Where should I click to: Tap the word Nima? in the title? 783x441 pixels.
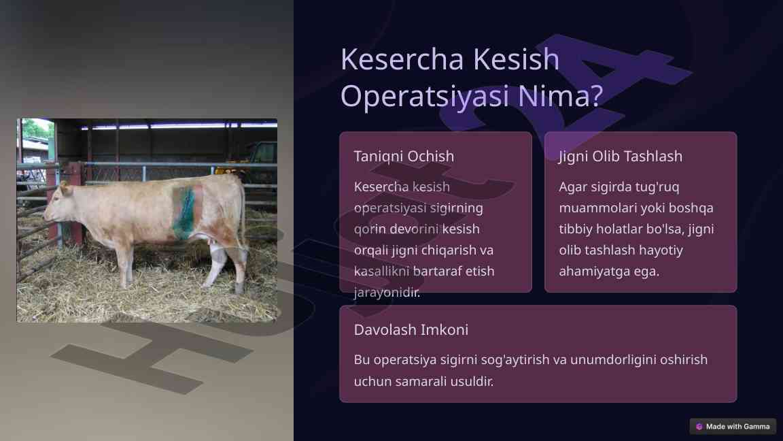560,96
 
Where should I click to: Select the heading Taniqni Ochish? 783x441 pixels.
404,157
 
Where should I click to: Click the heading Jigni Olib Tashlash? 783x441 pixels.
621,157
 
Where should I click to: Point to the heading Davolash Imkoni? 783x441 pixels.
411,329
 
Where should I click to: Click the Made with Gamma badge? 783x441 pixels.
733,427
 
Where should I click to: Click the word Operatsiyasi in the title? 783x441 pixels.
425,96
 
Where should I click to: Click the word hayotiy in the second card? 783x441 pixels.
659,250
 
